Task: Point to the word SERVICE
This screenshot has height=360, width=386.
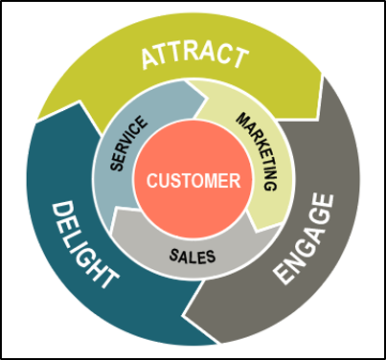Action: pyautogui.click(x=128, y=145)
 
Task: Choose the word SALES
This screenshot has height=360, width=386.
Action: pyautogui.click(x=192, y=257)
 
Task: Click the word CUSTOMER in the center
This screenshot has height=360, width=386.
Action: pyautogui.click(x=193, y=179)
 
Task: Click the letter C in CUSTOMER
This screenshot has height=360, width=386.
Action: pyautogui.click(x=150, y=179)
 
